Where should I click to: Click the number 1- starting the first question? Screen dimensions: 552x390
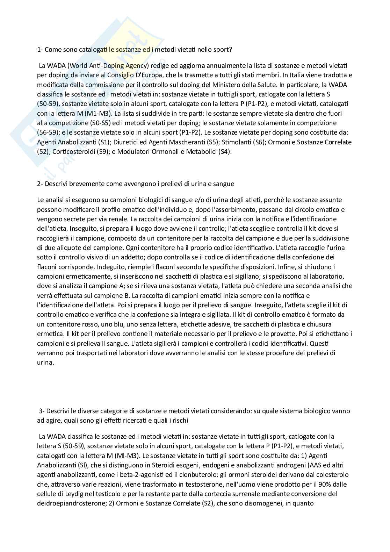(40, 49)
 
